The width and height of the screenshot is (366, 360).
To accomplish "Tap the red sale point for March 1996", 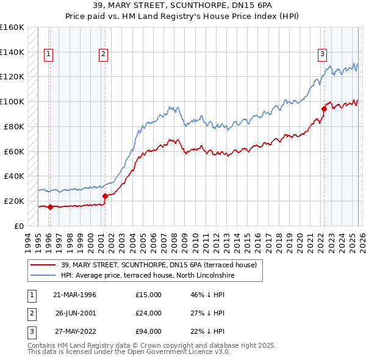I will tap(50, 207).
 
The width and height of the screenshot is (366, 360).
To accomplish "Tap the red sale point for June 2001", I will tap(105, 196).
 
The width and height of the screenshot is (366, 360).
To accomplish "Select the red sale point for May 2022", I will tap(324, 109).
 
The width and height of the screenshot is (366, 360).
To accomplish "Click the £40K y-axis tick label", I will tap(13, 176).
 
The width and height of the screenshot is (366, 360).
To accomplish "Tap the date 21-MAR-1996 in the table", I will tap(74, 295).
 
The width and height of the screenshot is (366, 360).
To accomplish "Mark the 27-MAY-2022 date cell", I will tap(74, 331).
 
